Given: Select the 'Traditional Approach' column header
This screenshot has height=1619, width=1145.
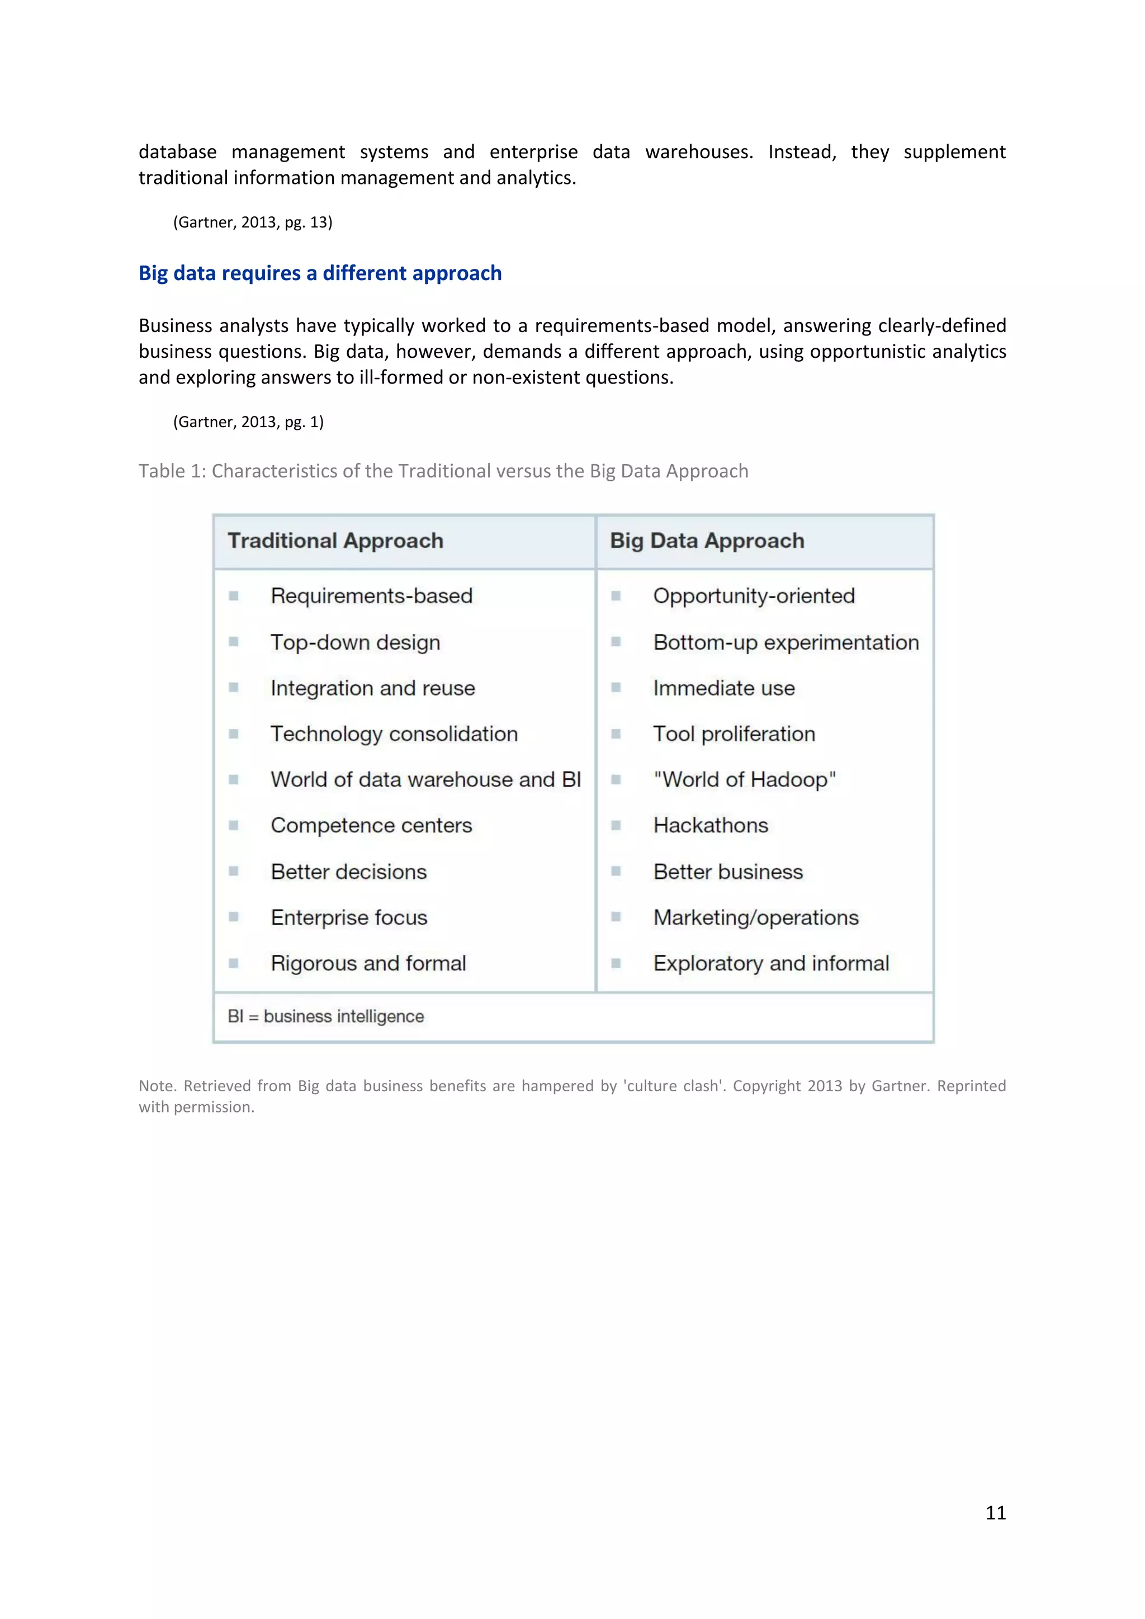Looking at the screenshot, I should tap(335, 541).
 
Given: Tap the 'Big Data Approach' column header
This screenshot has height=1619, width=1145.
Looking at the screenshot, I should tap(707, 541).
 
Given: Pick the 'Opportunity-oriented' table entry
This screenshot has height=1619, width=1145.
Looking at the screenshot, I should tap(753, 596).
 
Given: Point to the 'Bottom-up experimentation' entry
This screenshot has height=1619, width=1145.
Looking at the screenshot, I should tap(786, 642).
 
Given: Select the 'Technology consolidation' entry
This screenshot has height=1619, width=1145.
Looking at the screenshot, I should tap(394, 734).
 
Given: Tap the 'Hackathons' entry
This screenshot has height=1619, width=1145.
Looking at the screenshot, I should tap(710, 826).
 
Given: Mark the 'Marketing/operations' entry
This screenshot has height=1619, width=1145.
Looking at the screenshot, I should tap(755, 917).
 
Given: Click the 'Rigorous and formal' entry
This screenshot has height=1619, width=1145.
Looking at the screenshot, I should tap(368, 963).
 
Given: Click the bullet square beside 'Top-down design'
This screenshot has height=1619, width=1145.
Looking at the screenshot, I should tap(233, 642).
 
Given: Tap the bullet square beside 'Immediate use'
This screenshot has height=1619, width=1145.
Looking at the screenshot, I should tap(616, 688).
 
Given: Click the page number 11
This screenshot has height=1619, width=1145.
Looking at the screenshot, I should tap(995, 1513).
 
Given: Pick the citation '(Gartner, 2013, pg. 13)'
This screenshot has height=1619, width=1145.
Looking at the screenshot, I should tap(252, 222).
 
